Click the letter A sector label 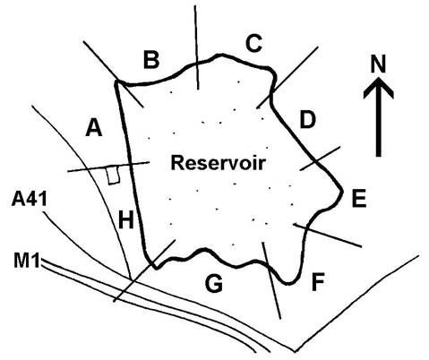point(94,127)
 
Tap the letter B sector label point(151,60)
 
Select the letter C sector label point(254,43)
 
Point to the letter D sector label point(307,120)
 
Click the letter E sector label point(359,199)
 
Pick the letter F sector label point(318,282)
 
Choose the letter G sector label point(214,283)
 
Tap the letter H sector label point(126,220)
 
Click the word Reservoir point(218,163)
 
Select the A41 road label point(30,199)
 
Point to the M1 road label point(27,260)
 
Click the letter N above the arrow point(378,64)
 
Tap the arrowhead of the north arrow point(379,88)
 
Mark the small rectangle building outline point(113,175)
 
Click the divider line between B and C point(196,47)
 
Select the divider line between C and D point(287,77)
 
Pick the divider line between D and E point(320,159)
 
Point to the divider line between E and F point(328,235)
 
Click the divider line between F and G point(271,280)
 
